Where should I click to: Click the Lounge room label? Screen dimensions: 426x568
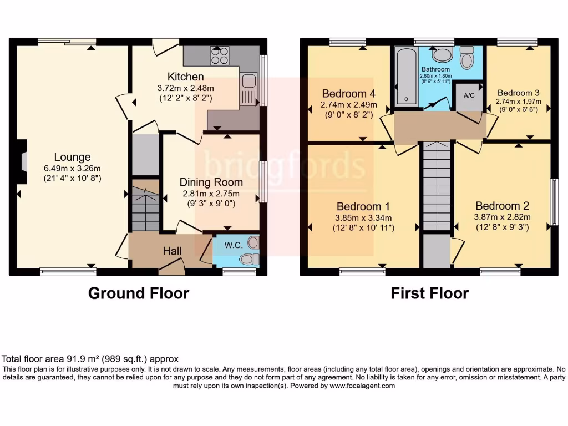pos(72,157)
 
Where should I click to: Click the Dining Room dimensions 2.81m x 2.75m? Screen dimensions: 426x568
pos(211,194)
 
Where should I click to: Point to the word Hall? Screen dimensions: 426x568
pos(173,251)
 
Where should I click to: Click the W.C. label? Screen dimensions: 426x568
pos(232,245)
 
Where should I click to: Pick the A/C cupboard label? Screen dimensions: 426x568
pos(469,95)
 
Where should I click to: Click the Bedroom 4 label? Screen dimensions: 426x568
pos(344,94)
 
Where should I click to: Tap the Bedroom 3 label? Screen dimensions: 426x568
pos(518,93)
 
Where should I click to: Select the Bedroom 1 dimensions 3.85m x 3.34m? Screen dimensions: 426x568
pos(363,217)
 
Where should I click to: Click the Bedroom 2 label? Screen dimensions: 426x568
pos(498,206)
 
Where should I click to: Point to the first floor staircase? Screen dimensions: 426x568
pos(437,186)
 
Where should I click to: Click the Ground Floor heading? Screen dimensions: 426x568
pos(139,293)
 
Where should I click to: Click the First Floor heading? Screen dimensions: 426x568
pos(429,293)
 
